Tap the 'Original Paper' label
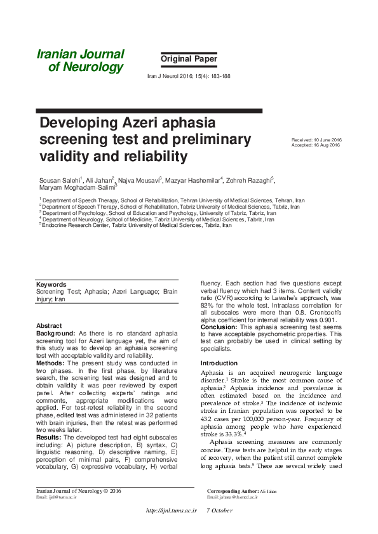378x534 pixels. click(189, 60)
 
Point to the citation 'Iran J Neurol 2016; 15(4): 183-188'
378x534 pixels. click(189, 76)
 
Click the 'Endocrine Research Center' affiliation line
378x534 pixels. click(137, 225)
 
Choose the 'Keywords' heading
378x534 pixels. click(51, 284)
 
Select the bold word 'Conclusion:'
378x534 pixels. click(219, 327)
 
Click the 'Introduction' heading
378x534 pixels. click(219, 363)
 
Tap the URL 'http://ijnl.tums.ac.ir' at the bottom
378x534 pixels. click(171, 511)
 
